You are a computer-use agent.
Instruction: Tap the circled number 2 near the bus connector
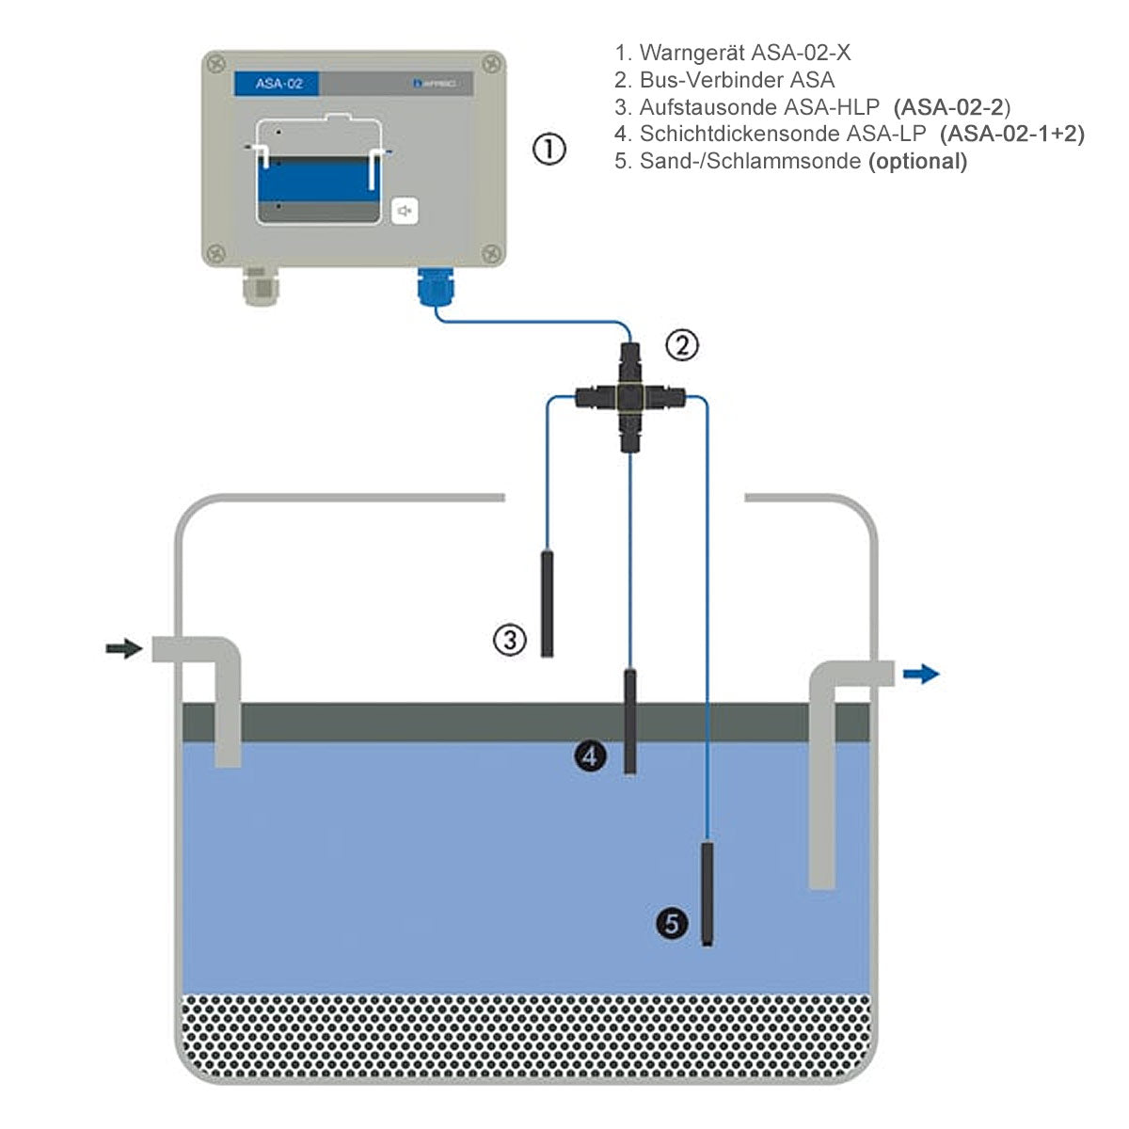pyautogui.click(x=682, y=346)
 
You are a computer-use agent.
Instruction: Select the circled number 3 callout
pyautogui.click(x=510, y=641)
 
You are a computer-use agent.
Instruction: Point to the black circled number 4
pyautogui.click(x=590, y=755)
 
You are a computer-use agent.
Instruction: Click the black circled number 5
pyautogui.click(x=672, y=923)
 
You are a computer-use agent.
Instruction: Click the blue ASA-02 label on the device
pyautogui.click(x=279, y=84)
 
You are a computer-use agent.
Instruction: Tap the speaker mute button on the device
pyautogui.click(x=405, y=211)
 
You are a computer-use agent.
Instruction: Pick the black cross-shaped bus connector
pyautogui.click(x=628, y=399)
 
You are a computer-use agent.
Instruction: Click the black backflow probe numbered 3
pyautogui.click(x=547, y=603)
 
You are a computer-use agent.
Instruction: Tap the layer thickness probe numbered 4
pyautogui.click(x=629, y=720)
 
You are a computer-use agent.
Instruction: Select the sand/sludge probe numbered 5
pyautogui.click(x=708, y=894)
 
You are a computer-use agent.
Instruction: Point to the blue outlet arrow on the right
pyautogui.click(x=921, y=673)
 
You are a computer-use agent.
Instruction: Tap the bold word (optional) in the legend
pyautogui.click(x=917, y=161)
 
